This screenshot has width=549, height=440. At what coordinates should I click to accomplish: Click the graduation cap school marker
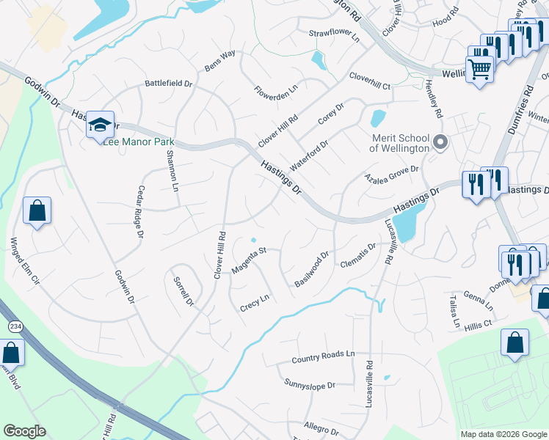tap(100, 124)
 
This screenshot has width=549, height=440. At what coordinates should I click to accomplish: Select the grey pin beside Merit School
tap(440, 142)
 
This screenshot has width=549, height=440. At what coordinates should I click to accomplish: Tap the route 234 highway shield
tap(14, 325)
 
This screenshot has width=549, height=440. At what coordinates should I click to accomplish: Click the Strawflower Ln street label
tap(334, 34)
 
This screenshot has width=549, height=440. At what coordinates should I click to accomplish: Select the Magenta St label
tap(247, 261)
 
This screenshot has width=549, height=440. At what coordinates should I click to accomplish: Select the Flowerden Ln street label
tap(276, 92)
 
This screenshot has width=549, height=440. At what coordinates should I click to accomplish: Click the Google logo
tap(23, 431)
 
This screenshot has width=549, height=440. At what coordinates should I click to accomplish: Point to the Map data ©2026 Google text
tap(503, 434)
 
